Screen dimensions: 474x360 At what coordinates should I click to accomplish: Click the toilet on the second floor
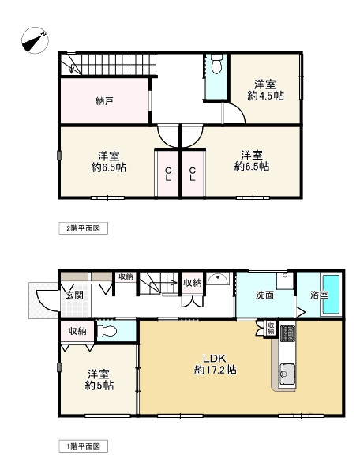click(216, 66)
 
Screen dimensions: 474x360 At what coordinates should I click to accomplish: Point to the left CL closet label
click(168, 175)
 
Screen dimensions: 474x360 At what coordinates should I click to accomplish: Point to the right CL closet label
click(193, 175)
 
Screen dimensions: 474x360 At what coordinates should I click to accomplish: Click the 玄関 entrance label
click(74, 295)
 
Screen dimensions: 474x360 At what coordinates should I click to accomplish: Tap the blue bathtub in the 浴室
click(329, 294)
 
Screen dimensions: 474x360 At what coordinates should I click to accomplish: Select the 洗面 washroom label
click(264, 295)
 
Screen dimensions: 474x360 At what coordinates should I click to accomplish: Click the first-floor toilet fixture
click(111, 332)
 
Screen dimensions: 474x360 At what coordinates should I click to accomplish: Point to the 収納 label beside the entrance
click(77, 332)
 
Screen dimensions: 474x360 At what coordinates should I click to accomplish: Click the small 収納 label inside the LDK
click(270, 325)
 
